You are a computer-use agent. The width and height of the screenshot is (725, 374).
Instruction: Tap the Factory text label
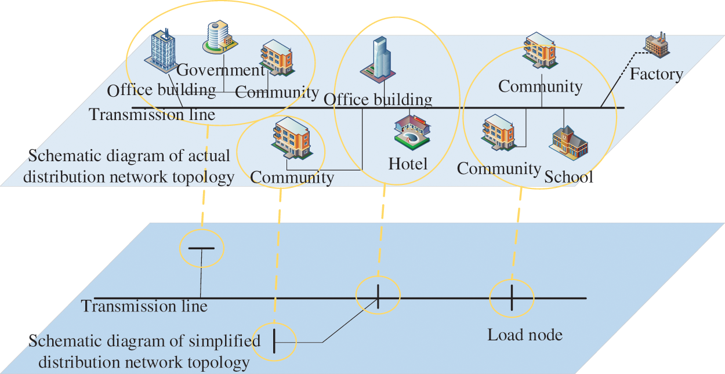tap(657, 74)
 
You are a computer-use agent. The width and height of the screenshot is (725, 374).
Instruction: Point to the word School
tap(568, 176)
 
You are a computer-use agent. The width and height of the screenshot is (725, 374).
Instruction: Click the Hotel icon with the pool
tap(411, 130)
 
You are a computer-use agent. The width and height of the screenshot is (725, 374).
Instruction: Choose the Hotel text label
tap(408, 164)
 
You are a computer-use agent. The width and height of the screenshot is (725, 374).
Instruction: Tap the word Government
tap(220, 70)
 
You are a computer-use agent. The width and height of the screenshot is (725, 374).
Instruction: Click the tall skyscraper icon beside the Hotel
tap(378, 57)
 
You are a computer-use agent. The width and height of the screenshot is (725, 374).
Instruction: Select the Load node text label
tap(525, 335)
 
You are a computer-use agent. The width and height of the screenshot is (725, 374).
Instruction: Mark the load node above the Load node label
tap(512, 297)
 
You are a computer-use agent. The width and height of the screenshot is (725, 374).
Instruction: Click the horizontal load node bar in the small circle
tap(201, 248)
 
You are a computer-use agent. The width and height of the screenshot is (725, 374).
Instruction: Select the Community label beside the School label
tap(499, 169)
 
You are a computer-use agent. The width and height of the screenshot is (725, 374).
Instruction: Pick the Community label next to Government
tap(277, 92)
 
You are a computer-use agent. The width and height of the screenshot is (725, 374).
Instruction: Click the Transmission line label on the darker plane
tap(144, 306)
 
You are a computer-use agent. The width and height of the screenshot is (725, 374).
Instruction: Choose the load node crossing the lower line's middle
tap(378, 296)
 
